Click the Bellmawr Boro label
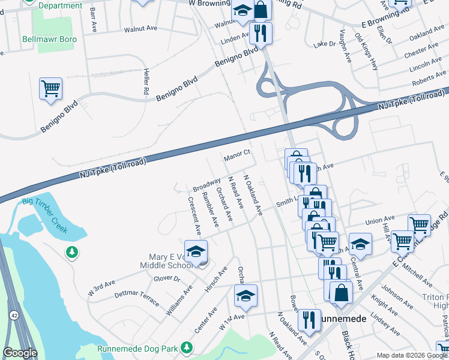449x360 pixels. [44, 37]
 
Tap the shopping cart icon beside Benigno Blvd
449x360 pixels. [51, 89]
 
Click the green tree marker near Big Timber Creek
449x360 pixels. [73, 252]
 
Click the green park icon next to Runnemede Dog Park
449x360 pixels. [187, 347]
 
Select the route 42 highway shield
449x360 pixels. [13, 315]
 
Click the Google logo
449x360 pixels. [20, 352]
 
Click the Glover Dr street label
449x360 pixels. [167, 278]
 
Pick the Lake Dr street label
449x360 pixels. [325, 44]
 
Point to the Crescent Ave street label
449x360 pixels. [193, 215]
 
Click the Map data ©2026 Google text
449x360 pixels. [411, 355]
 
